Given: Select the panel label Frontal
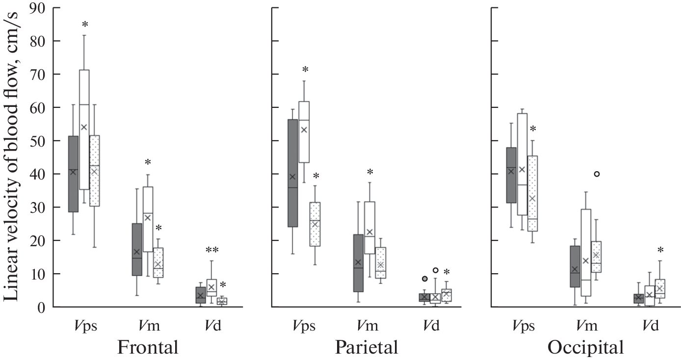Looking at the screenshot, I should pos(147,347).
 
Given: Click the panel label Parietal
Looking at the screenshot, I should pos(367,347).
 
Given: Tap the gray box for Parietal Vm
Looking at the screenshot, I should pos(358,263).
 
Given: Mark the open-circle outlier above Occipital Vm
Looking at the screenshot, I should pos(597,174).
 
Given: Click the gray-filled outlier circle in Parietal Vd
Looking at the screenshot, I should pos(424,279).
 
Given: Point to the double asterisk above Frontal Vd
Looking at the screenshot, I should pos(211,250).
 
